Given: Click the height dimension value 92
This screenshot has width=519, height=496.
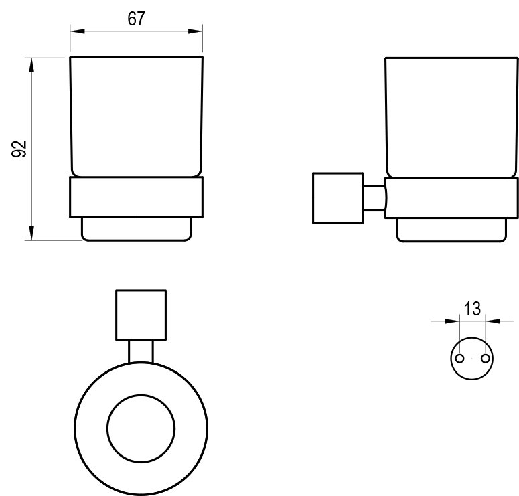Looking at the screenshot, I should (x=19, y=149).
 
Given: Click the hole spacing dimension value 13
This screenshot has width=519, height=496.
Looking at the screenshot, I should (x=472, y=309).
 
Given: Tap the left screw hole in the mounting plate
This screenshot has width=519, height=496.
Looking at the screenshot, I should (x=459, y=359).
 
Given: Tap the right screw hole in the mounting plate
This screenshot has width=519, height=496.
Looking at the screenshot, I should (x=485, y=359).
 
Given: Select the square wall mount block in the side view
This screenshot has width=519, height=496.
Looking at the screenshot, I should (x=337, y=197).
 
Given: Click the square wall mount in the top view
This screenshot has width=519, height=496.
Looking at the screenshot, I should (x=141, y=315).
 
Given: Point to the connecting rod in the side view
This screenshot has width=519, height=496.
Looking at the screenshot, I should (x=374, y=197).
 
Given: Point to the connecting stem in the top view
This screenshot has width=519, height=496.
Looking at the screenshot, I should (x=141, y=351).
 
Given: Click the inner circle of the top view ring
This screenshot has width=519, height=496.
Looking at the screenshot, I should (x=141, y=425).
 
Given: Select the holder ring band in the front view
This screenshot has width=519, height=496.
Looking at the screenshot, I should (x=136, y=197).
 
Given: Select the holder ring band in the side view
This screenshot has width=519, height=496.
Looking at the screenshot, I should (x=451, y=197).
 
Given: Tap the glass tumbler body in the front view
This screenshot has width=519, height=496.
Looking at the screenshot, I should (x=136, y=117).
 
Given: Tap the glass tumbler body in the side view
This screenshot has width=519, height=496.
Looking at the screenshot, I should (x=451, y=117).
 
